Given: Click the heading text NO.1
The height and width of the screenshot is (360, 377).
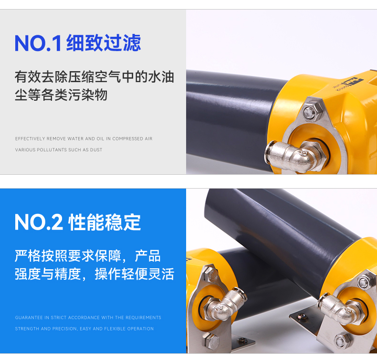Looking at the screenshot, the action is click(x=38, y=43).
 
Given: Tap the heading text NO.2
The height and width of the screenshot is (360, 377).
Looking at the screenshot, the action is click(x=39, y=222).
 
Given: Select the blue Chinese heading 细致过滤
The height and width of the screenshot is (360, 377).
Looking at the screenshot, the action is click(x=104, y=43).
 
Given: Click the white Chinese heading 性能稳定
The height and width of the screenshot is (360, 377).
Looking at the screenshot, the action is click(x=105, y=222).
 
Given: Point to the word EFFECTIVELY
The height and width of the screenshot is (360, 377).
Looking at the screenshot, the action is click(x=30, y=139).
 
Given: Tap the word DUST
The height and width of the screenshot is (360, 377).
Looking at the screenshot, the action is click(x=96, y=150).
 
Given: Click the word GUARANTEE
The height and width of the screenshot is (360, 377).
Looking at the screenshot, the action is click(x=29, y=318).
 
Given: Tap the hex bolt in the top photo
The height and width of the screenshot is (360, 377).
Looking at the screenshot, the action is click(x=312, y=111).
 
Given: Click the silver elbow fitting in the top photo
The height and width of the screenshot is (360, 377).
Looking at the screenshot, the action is click(x=293, y=155).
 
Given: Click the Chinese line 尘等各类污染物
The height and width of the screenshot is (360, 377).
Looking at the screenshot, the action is click(x=61, y=95).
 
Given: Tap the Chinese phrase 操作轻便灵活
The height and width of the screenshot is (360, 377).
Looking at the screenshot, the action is click(x=135, y=274).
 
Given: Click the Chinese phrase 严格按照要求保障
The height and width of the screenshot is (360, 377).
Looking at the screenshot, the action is click(x=68, y=256).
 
